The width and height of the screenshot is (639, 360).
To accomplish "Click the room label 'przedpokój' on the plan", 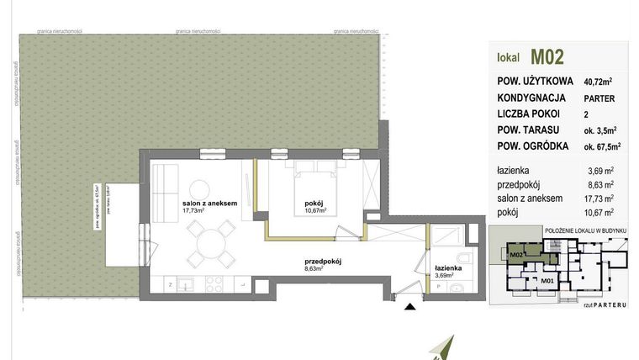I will [x=325, y=262].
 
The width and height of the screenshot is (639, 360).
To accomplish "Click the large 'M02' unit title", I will [x=547, y=57].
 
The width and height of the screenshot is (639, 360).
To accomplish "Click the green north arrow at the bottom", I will [x=446, y=347].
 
